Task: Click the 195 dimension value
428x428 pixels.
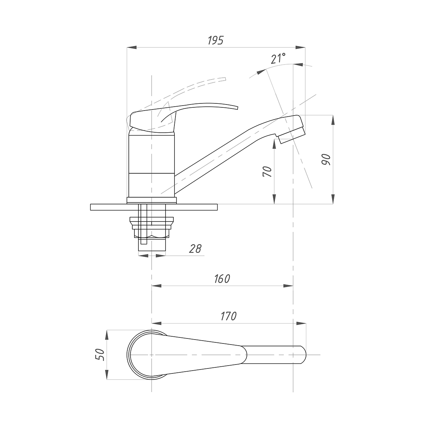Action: (x=215, y=40)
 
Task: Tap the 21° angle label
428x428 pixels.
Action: (x=278, y=58)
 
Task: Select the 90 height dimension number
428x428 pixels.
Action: (x=326, y=159)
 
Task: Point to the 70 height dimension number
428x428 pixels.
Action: (x=267, y=172)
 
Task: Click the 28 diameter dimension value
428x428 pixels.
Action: (x=195, y=249)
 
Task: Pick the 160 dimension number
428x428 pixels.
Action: (x=222, y=279)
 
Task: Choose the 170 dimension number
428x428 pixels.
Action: (x=229, y=316)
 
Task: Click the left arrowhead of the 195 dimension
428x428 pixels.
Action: (x=132, y=47)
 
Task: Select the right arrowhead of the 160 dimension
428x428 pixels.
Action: (x=288, y=286)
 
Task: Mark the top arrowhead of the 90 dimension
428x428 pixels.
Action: (x=333, y=120)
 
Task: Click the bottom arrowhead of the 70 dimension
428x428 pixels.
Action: (x=274, y=199)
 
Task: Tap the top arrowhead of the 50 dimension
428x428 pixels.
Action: (x=107, y=335)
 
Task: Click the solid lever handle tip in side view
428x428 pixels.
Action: (x=238, y=108)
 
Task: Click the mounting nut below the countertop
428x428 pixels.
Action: (x=152, y=227)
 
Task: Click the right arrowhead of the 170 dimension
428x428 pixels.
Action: (x=301, y=323)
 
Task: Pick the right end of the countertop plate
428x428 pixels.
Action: (x=217, y=207)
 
